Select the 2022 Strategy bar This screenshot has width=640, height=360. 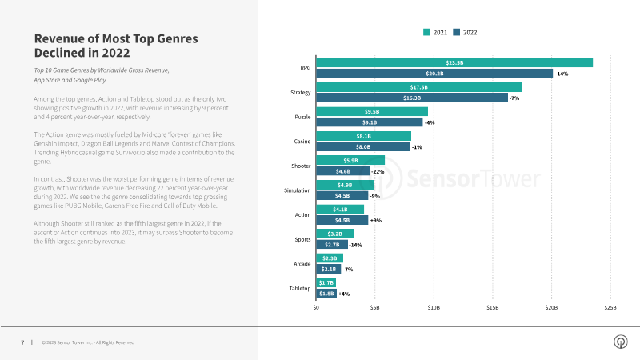(412, 98)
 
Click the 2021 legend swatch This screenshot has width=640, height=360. (426, 33)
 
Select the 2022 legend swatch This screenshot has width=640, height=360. (456, 33)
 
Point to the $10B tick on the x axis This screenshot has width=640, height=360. (434, 306)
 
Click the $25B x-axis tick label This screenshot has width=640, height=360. (610, 306)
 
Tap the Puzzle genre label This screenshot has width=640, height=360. (302, 117)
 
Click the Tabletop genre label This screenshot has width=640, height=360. (300, 288)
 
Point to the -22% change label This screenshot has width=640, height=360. (378, 171)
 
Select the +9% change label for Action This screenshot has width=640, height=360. (376, 219)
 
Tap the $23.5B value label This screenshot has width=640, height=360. (454, 62)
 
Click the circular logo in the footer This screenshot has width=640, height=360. (619, 342)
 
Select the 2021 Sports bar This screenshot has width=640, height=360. (334, 234)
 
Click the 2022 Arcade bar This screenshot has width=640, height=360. (328, 269)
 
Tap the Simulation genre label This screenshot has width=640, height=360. (298, 190)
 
